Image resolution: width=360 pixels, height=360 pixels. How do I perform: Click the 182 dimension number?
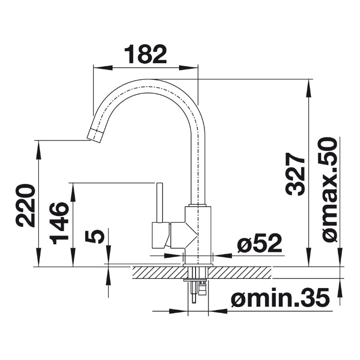[145, 54]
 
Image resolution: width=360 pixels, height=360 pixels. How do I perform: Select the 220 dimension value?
[25, 205]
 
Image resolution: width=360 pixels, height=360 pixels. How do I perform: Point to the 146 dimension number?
[59, 223]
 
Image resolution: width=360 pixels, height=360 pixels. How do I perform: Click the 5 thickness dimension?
[94, 237]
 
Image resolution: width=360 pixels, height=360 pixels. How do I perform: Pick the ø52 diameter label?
[259, 244]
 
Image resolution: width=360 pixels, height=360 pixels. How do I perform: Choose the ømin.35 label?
[281, 298]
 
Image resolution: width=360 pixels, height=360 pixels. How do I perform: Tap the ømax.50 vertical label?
[328, 190]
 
